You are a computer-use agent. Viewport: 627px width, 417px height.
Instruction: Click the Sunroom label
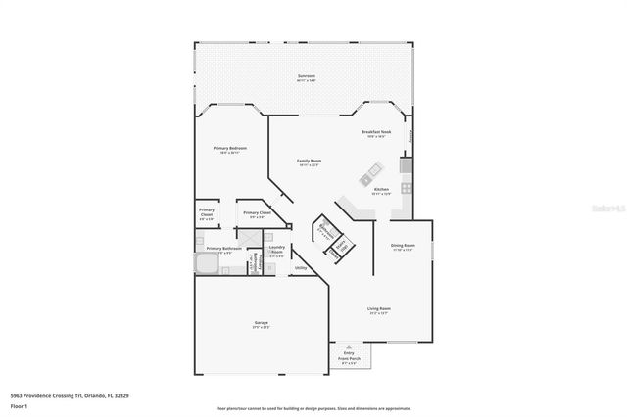pyautogui.click(x=307, y=77)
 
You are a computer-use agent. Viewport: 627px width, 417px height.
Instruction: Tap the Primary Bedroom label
pyautogui.click(x=229, y=149)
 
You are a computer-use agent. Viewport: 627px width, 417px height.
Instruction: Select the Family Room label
pyautogui.click(x=310, y=162)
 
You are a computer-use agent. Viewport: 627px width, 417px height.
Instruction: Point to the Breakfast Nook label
pyautogui.click(x=376, y=132)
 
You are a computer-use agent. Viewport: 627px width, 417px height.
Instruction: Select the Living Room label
pyautogui.click(x=379, y=311)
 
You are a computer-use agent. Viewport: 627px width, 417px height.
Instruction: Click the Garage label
pyautogui.click(x=262, y=324)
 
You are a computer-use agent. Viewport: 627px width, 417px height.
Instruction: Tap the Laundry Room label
pyautogui.click(x=277, y=251)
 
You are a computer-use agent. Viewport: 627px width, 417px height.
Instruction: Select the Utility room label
pyautogui.click(x=301, y=267)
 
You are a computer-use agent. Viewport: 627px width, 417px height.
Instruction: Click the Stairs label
pyautogui.click(x=342, y=247)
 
